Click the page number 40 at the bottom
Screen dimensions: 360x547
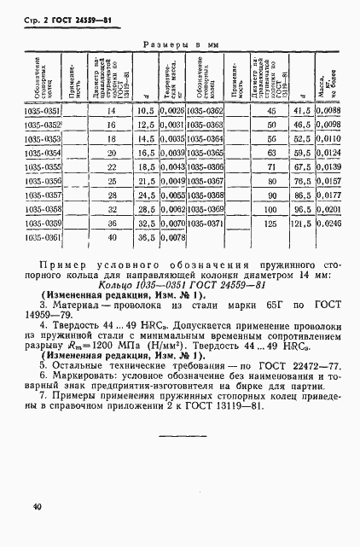38,507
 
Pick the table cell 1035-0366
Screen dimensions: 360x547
203,167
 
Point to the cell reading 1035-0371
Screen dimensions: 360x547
203,223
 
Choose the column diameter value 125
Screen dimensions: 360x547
270,224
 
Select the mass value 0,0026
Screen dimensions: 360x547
171,111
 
